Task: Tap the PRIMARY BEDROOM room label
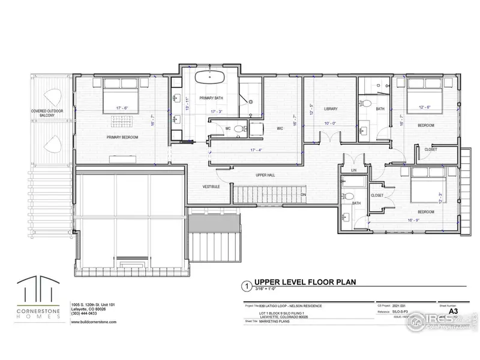123,137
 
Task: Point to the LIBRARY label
331,109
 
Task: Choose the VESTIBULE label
203,187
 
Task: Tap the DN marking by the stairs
304,195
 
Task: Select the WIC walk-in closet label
280,128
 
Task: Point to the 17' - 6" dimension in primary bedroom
124,109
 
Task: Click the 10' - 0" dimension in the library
331,124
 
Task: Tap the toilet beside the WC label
239,128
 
